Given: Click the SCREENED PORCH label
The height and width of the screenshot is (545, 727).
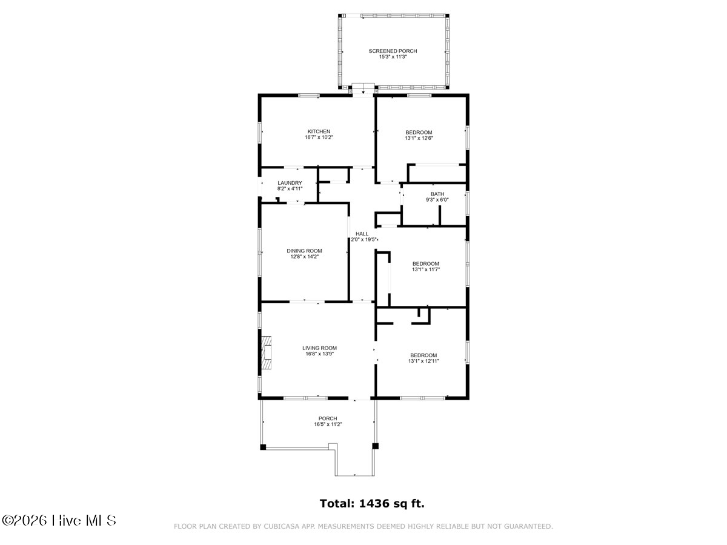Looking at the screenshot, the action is point(393,51).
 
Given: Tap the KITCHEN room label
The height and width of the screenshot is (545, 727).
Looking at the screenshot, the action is point(319,131).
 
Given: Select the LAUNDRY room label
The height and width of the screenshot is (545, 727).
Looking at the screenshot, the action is point(290,183).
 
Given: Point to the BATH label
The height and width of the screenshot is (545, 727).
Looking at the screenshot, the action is point(437,194).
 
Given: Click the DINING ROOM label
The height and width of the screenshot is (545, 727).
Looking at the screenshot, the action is point(304,251).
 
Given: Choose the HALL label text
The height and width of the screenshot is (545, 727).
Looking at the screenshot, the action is point(362,234).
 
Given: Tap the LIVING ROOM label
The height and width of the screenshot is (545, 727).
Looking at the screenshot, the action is point(319,348).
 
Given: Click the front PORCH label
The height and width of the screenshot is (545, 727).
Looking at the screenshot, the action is point(328,418).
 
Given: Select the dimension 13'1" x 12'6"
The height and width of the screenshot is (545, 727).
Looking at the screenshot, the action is point(419,138).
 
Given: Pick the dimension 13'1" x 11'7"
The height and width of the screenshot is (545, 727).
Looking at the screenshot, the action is point(426,269).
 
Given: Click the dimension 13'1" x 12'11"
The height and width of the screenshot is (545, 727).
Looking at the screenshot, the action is point(423,361).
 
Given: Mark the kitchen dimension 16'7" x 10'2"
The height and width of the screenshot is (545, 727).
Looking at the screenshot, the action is point(319,137).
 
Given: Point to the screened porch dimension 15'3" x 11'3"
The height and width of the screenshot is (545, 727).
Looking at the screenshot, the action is point(393,56).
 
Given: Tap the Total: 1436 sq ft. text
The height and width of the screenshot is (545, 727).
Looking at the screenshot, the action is point(372,503).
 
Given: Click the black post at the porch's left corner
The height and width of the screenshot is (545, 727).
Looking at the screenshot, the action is point(263,447).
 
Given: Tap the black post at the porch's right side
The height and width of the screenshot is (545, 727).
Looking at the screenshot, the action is point(375,446).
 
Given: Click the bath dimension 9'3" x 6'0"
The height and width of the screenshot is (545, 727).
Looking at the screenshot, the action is point(437,200).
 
